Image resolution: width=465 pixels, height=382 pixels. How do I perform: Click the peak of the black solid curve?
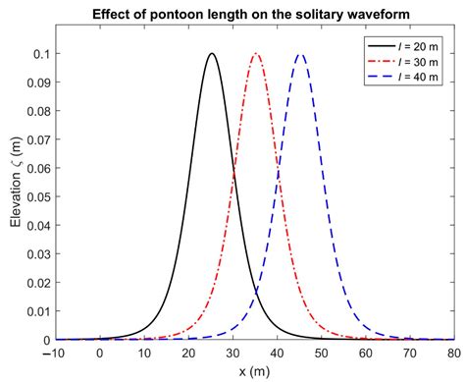pyautogui.click(x=211, y=54)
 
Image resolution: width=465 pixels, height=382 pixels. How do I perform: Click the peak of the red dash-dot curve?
pyautogui.click(x=256, y=54)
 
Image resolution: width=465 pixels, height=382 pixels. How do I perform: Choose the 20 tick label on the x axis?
pyautogui.click(x=188, y=355)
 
